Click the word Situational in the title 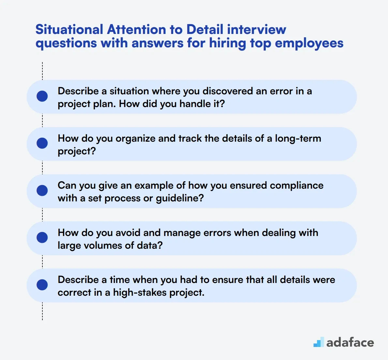click(69, 29)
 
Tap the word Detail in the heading click(205, 29)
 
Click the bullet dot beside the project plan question click(42, 96)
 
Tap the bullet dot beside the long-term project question click(42, 143)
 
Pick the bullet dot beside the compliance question click(42, 191)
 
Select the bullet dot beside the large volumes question click(42, 238)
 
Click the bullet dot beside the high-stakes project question click(42, 285)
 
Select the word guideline click(180, 198)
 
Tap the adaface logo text click(350, 342)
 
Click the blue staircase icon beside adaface click(319, 342)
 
